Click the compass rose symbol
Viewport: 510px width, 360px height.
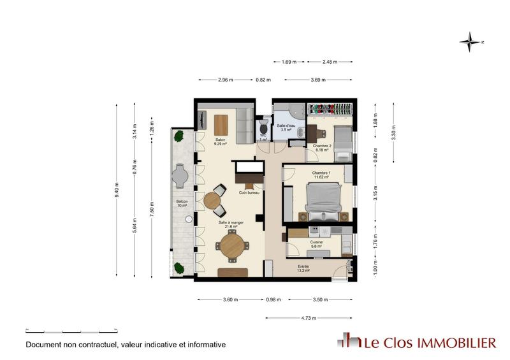470,42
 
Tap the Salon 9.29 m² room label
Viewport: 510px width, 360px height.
221,142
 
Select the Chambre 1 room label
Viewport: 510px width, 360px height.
320,175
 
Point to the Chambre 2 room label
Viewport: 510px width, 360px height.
320,148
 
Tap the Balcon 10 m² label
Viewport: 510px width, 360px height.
182,205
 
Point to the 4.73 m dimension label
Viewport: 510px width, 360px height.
309,318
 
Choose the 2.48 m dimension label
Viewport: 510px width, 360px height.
330,62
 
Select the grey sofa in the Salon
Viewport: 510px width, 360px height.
244,125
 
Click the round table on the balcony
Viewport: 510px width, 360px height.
181,176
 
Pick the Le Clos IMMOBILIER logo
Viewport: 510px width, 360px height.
417,342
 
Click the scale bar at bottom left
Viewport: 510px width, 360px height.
71,331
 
